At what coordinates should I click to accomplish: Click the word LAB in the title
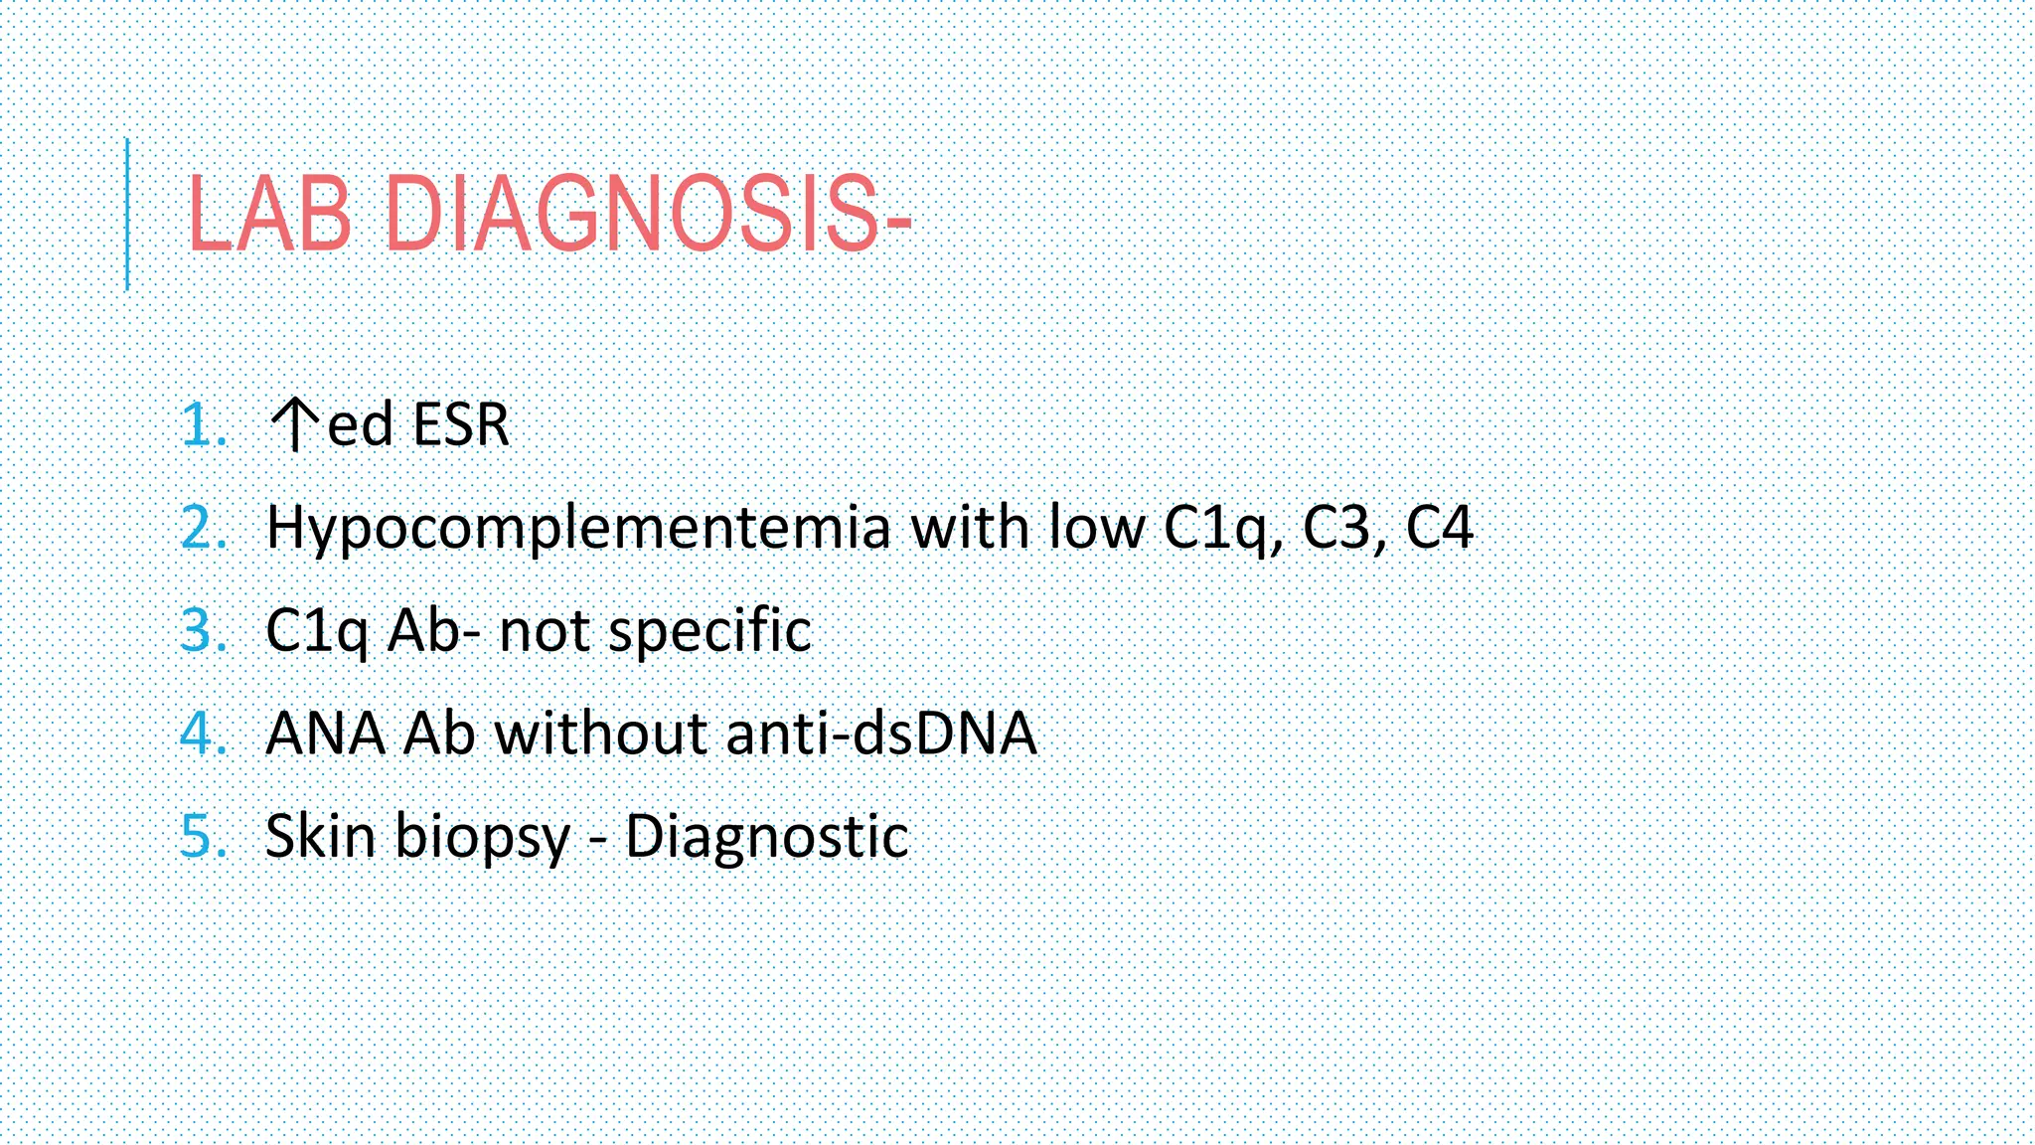pos(269,214)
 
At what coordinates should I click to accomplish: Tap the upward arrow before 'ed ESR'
pos(294,424)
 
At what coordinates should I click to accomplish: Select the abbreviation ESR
pos(460,424)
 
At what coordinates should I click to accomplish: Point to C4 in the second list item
pos(1439,527)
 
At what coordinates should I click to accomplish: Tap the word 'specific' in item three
pos(709,632)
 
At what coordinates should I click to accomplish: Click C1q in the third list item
pos(317,632)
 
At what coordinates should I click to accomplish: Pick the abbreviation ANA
pos(326,734)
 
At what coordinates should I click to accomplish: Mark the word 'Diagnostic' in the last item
pos(766,836)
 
